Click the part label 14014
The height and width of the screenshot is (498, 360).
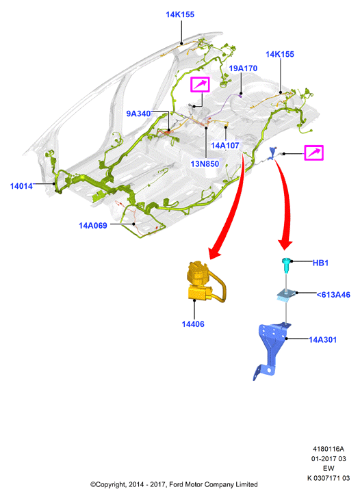click(21, 186)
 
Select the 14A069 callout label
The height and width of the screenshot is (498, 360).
click(93, 226)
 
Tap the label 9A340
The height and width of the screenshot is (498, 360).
click(138, 114)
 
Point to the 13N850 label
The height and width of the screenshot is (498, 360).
click(205, 164)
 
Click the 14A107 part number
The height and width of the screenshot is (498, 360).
click(225, 146)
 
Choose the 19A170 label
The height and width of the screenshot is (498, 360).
click(243, 68)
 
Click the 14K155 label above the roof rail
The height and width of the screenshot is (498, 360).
click(180, 14)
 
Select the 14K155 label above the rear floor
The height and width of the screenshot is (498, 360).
click(280, 54)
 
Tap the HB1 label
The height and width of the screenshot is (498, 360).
click(320, 263)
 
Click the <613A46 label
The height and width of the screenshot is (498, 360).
click(333, 295)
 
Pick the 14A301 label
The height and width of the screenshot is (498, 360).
click(323, 339)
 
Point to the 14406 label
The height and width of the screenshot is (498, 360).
click(193, 324)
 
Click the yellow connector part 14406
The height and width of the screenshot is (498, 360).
click(204, 281)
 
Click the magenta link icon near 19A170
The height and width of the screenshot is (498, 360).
click(200, 85)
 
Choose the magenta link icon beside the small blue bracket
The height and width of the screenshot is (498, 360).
click(313, 153)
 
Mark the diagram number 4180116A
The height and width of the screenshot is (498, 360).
click(329, 449)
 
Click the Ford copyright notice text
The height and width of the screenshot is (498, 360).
click(174, 484)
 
